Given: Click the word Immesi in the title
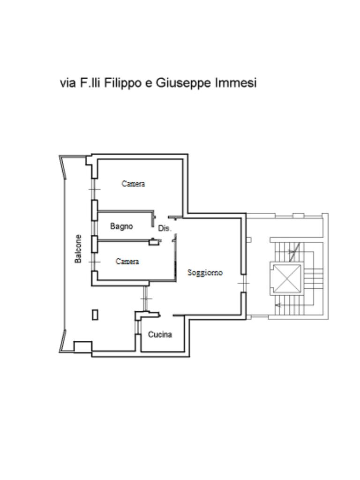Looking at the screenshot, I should [x=236, y=83].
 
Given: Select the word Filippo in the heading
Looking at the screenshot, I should [x=123, y=83].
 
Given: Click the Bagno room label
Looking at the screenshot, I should [x=121, y=226].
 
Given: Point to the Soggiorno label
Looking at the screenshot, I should [x=205, y=272].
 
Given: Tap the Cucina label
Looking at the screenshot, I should [x=160, y=334].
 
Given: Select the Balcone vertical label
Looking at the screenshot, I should [x=79, y=248].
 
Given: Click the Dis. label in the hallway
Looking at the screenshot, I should [x=165, y=228].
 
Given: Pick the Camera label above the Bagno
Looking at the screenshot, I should [x=133, y=184].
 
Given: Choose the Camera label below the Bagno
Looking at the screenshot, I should [x=127, y=261].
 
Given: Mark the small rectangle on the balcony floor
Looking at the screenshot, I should [x=95, y=315].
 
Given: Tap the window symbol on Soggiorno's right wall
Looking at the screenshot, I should [x=243, y=284].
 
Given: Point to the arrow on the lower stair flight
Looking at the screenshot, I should [x=278, y=305].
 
